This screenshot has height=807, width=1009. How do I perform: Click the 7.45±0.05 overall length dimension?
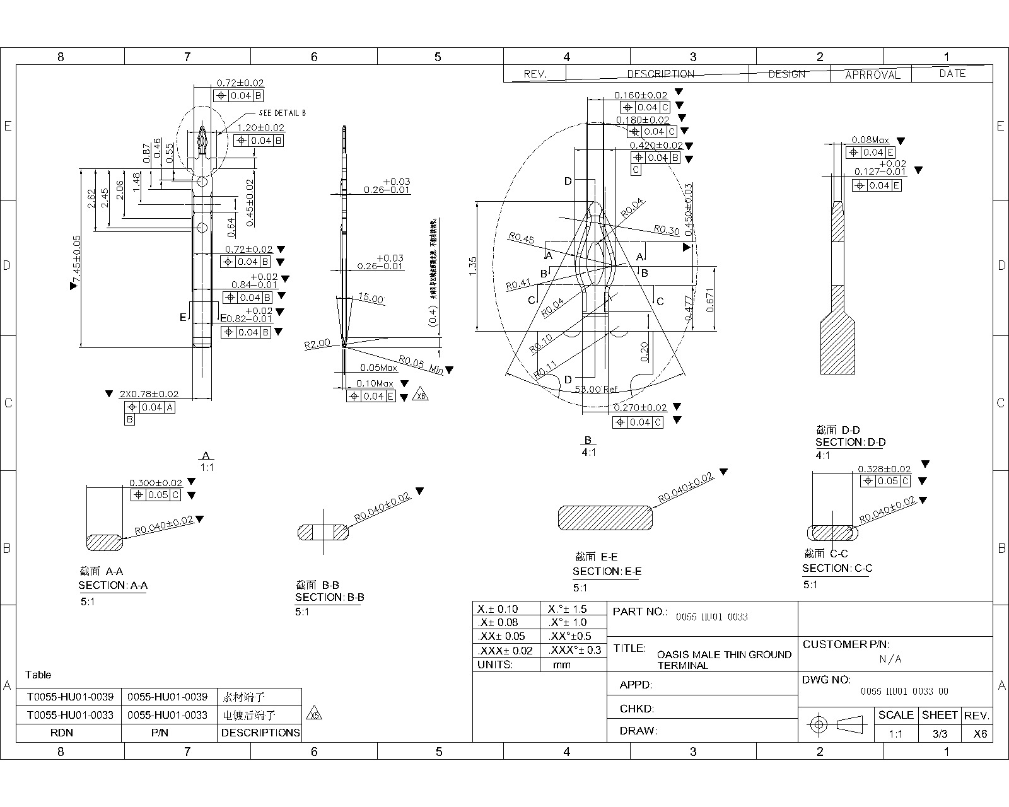pos(77,261)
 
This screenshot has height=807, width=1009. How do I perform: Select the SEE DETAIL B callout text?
pos(282,113)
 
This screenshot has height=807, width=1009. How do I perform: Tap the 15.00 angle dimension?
pos(371,298)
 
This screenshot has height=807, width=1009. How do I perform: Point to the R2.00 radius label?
pos(317,344)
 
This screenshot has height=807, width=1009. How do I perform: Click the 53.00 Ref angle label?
pos(595,390)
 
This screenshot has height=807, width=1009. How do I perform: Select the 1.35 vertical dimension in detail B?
pos(473,266)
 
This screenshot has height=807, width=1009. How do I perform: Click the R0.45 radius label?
pos(521,238)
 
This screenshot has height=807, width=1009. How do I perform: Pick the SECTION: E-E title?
pos(607,572)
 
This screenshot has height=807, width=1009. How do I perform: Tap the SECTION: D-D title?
pos(850,443)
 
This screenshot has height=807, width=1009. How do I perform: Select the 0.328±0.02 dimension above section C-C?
pos(884,469)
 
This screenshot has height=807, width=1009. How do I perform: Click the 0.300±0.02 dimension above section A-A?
pos(155,483)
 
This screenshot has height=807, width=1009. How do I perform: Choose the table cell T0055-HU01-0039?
pos(70,697)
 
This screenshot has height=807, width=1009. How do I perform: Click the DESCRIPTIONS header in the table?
pos(260,733)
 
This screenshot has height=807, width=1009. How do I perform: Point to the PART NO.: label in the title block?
pos(639,612)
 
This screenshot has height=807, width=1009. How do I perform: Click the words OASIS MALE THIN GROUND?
pos(724,655)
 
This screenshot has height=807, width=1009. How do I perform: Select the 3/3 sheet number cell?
pos(940,734)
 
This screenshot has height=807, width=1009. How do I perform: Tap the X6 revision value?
pos(980,734)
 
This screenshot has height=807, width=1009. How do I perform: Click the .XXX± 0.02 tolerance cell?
pos(506,651)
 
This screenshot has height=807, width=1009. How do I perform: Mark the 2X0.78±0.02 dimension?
pos(149,394)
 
